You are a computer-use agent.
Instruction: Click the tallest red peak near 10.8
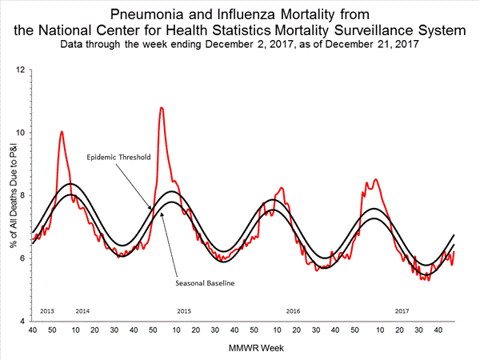coord(162,107)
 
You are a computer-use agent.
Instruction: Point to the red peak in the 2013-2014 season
coord(62,131)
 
